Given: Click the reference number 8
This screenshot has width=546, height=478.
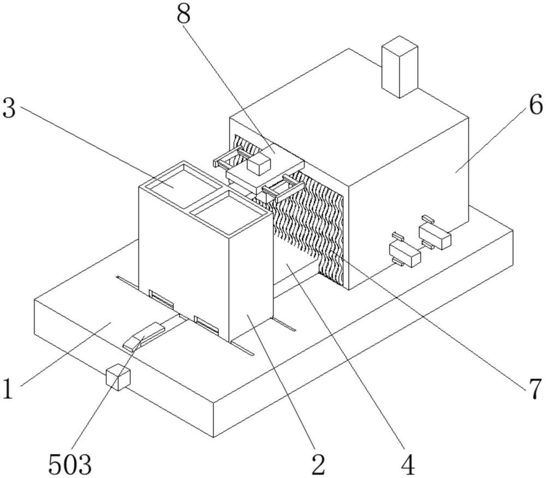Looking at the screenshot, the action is click(x=184, y=14).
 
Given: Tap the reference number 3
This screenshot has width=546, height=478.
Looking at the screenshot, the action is click(x=9, y=108).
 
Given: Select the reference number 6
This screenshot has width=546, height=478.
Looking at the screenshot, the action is click(x=536, y=105).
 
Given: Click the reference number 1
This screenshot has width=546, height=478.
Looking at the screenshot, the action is click(x=8, y=389).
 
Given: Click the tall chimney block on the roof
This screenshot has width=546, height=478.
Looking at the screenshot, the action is click(x=400, y=67).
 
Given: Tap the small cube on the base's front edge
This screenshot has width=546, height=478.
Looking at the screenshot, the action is click(x=118, y=377).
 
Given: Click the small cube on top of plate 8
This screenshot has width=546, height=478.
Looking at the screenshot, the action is click(x=258, y=164).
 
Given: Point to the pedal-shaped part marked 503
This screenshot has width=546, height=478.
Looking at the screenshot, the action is click(x=144, y=337).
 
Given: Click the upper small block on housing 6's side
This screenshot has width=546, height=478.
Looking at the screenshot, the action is click(x=435, y=235).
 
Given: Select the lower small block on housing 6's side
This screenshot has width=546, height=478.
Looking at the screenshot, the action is click(x=405, y=253).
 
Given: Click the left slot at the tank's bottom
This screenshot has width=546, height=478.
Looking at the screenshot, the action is click(x=161, y=298).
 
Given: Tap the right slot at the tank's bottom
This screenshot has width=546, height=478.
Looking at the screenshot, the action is click(x=206, y=324).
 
